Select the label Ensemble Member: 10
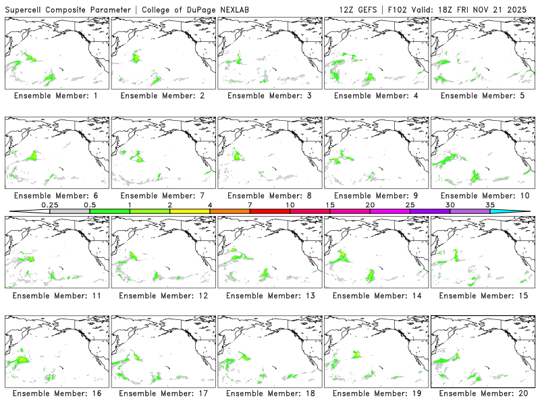point(483,196)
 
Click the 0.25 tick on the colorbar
point(49,204)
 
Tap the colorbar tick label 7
point(250,204)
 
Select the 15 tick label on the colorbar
point(330,204)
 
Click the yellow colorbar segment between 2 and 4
point(190,211)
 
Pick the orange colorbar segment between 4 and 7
point(230,211)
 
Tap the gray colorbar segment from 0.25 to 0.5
point(70,211)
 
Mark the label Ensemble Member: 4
point(376,96)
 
